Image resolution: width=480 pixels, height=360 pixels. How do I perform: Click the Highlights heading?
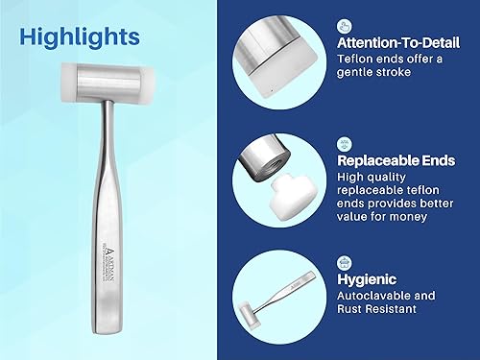pyautogui.click(x=79, y=36)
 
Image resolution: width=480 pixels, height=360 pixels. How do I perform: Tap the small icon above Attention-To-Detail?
pyautogui.click(x=345, y=26)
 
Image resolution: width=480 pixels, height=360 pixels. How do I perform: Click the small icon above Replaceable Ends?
pyautogui.click(x=345, y=142)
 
